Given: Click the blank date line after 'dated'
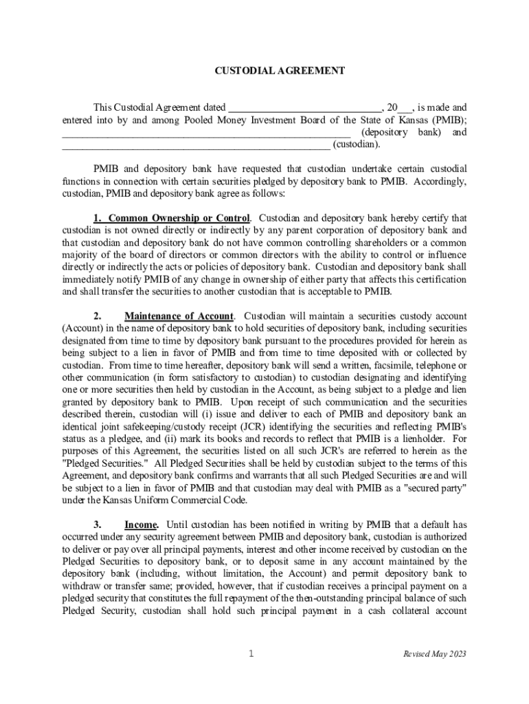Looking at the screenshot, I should click(304, 109).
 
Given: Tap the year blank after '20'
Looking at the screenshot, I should click(405, 109).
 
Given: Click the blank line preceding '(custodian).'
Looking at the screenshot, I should click(196, 145).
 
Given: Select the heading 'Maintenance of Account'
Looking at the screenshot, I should click(179, 316).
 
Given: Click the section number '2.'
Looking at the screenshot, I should click(98, 316).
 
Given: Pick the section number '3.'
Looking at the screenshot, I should click(98, 525).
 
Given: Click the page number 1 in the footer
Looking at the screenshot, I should click(251, 654).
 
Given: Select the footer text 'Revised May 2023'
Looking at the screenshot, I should click(434, 654).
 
